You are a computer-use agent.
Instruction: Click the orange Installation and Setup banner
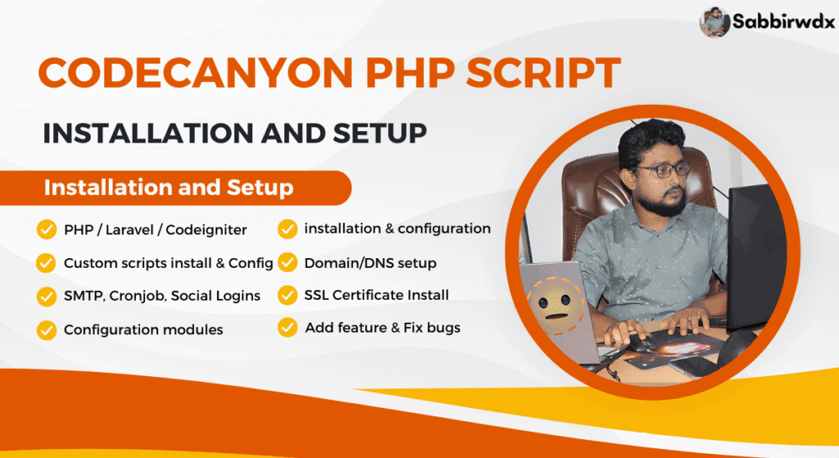pos(169,188)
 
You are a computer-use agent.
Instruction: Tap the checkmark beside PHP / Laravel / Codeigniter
pos(47,229)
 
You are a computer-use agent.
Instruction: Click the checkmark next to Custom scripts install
pos(47,263)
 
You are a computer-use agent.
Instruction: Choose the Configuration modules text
pos(143,329)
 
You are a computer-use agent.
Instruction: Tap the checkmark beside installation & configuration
pos(288,229)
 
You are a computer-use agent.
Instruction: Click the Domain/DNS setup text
pos(370,263)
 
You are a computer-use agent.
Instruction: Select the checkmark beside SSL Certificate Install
pos(288,295)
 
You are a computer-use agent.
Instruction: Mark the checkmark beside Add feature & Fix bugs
pos(288,328)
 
